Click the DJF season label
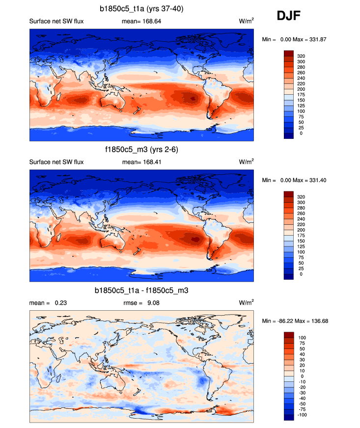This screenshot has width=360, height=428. tap(289, 16)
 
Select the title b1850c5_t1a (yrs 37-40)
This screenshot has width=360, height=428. tap(141, 9)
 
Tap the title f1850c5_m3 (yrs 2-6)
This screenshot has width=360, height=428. tap(141, 150)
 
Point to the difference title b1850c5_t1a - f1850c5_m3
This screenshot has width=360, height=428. tap(141, 291)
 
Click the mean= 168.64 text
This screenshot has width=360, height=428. tap(139, 22)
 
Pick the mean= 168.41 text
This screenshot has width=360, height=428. tap(139, 162)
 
